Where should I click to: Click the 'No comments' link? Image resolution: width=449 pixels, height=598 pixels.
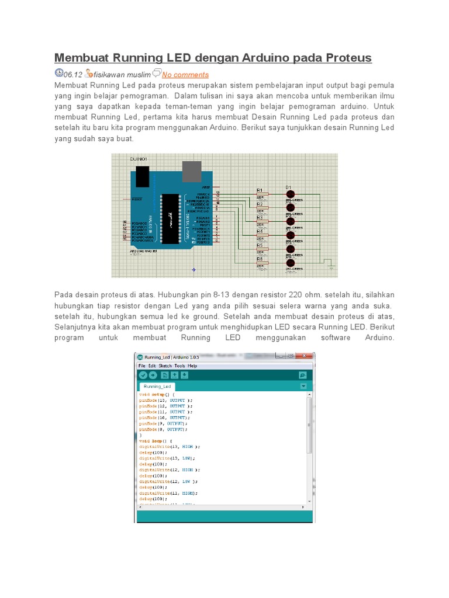[185, 75]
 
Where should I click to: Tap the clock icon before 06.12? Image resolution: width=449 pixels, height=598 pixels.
[58, 73]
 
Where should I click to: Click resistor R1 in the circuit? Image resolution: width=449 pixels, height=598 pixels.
[261, 194]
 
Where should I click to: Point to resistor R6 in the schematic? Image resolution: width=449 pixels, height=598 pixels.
[261, 263]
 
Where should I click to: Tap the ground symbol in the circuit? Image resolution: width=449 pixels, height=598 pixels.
[331, 267]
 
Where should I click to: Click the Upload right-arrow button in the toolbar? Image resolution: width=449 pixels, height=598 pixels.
[153, 375]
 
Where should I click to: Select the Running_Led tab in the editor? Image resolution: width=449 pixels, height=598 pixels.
[157, 387]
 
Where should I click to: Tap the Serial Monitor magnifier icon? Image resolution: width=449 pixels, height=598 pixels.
[302, 375]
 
